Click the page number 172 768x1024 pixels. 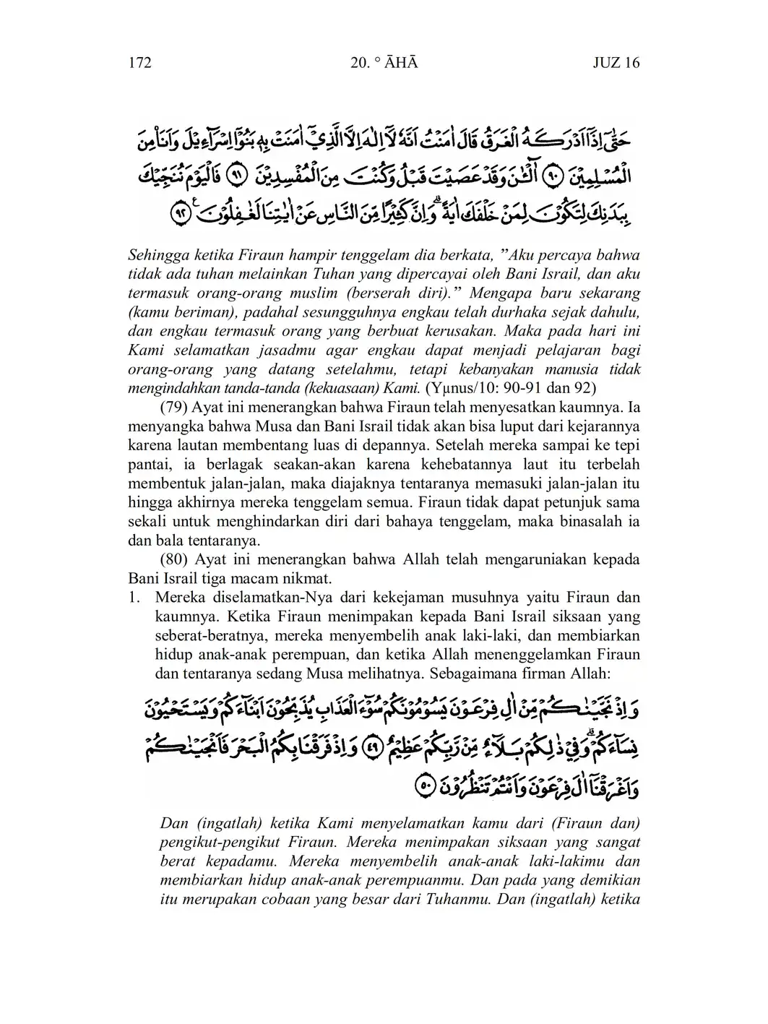(139, 63)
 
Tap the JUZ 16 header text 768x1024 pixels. (616, 63)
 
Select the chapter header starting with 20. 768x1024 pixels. (384, 63)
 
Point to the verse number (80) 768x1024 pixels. (173, 559)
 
